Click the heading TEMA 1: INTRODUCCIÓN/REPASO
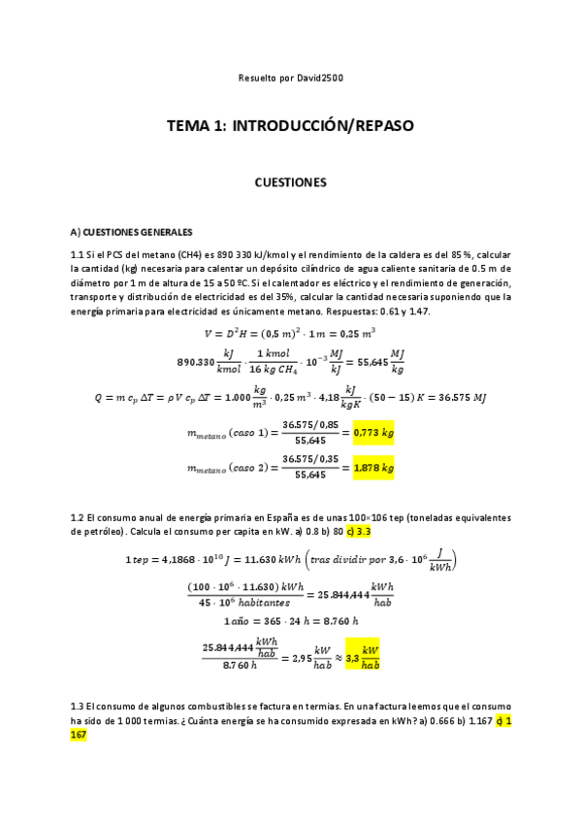point(290,126)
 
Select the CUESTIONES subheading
point(290,181)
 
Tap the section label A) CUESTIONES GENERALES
point(131,232)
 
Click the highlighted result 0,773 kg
point(372,433)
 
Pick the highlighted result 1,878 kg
point(373,468)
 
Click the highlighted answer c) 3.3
point(360,532)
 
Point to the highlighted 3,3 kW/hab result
point(360,657)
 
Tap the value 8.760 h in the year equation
point(336,619)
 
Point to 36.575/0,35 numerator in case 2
point(305,459)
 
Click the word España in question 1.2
point(257,518)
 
